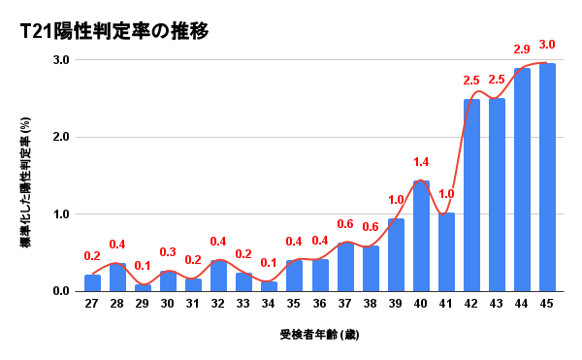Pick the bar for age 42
(471, 195)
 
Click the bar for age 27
(92, 282)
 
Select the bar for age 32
(218, 276)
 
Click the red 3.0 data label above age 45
(547, 45)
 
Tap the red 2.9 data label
(522, 49)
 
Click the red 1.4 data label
(421, 162)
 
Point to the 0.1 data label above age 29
(143, 266)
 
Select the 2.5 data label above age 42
(471, 80)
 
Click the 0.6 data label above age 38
(371, 227)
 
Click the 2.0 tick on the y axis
(60, 137)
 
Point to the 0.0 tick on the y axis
(60, 291)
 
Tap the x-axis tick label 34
(269, 305)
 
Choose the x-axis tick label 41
(446, 305)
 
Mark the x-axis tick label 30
(168, 305)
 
